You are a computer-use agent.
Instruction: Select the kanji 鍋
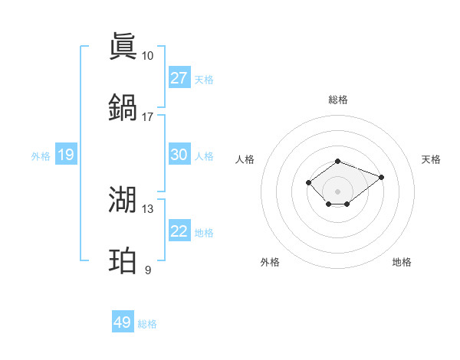(123, 106)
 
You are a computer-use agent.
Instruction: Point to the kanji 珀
(123, 260)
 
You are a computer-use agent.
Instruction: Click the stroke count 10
(147, 56)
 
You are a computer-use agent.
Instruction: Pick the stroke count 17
(147, 117)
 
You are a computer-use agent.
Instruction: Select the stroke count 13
(147, 209)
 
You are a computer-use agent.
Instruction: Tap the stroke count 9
(148, 270)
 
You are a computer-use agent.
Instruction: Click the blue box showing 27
(179, 78)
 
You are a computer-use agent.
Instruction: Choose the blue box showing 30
(179, 155)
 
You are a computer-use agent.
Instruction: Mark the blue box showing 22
(179, 231)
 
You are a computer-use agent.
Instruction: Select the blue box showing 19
(66, 155)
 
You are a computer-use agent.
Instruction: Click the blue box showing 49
(123, 322)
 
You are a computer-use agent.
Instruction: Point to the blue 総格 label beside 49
(147, 324)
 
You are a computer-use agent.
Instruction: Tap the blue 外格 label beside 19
(41, 156)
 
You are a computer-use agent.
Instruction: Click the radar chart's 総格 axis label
(337, 100)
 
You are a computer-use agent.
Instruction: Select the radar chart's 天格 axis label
(431, 159)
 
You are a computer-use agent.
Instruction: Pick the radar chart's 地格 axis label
(402, 263)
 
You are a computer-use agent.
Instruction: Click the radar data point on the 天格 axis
(381, 177)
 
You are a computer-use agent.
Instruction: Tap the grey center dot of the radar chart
(337, 191)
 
